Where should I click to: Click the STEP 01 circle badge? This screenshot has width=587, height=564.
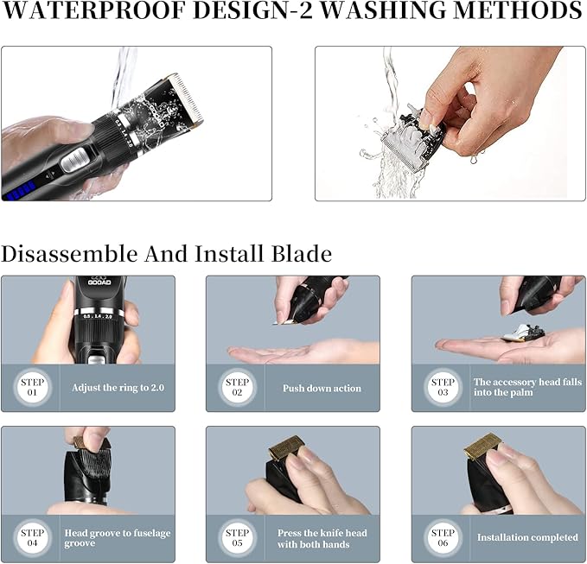31,387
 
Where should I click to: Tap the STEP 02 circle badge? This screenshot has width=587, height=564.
237,387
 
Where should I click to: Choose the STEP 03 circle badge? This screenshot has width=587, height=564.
443,387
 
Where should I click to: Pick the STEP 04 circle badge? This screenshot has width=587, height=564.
31,537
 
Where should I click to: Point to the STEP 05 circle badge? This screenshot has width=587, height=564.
237,537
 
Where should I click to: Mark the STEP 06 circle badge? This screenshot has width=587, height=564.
443,537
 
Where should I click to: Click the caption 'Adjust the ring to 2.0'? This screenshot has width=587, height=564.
118,388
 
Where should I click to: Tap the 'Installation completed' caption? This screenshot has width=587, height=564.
527,537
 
